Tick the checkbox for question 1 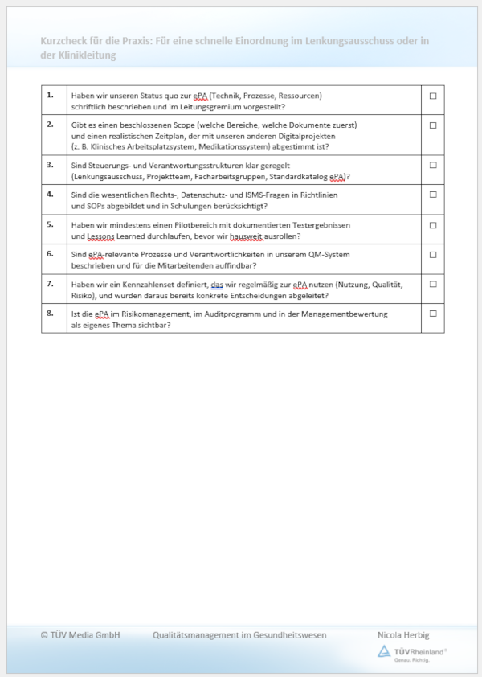[433, 96]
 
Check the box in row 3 [433, 165]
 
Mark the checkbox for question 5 [433, 224]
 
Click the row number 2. [50, 124]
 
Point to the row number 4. [50, 194]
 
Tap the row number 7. [50, 283]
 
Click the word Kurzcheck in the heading [66, 42]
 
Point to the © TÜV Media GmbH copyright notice [80, 635]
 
